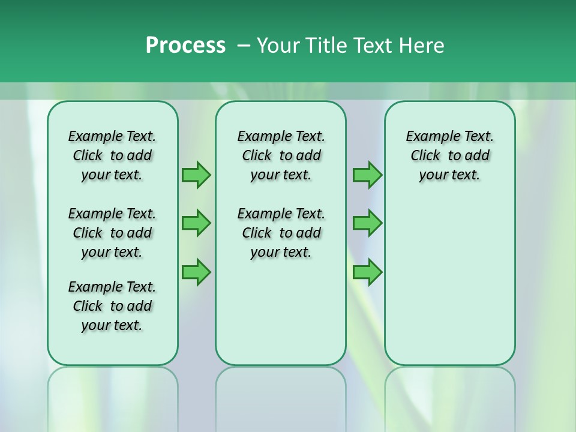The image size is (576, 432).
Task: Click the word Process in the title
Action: tap(185, 46)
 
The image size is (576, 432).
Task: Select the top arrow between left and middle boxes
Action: tap(196, 175)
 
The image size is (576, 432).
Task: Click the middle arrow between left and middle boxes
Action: tap(196, 223)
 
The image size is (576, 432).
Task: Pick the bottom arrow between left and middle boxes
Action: tap(196, 272)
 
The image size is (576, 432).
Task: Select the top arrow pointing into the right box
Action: tap(367, 175)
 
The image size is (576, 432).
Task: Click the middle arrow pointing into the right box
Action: tap(367, 223)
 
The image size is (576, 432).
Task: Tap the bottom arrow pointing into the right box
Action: tap(367, 272)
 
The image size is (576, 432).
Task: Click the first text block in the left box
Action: tap(112, 155)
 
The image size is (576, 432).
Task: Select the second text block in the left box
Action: tap(112, 233)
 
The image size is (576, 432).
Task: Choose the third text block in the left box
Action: tap(112, 306)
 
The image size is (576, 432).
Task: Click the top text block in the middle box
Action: tap(281, 155)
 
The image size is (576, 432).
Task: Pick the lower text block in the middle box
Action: tap(281, 233)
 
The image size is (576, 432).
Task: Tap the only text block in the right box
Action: tap(449, 155)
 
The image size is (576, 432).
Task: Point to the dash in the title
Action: tap(243, 46)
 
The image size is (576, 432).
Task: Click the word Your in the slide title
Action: tap(278, 46)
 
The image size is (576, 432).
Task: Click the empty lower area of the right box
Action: tap(449, 282)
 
